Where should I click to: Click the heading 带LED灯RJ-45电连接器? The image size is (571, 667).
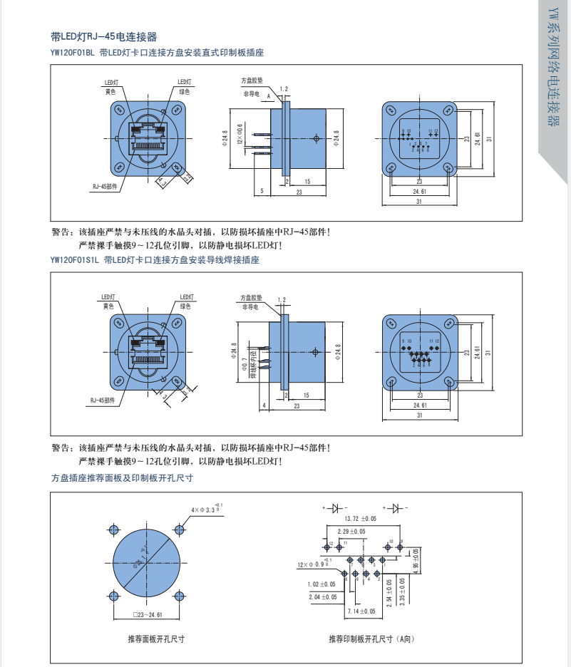pos(104,37)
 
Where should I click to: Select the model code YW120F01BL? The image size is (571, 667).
pos(73,52)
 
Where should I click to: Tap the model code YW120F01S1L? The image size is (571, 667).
pos(76,261)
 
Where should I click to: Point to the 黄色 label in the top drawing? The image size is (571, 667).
pos(110,92)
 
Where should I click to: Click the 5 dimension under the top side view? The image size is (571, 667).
pos(262,191)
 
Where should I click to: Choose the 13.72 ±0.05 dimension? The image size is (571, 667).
pos(360,519)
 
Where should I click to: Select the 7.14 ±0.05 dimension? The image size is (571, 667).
pos(361,611)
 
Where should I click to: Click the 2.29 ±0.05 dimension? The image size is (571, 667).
pos(351,531)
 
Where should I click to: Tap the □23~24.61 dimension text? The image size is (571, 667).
pos(148,614)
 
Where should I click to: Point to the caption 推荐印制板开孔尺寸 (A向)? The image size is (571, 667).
pos(371,639)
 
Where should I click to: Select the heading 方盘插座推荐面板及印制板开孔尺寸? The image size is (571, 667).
pos(122,478)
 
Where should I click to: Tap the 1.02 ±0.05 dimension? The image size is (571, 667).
pos(322,584)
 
